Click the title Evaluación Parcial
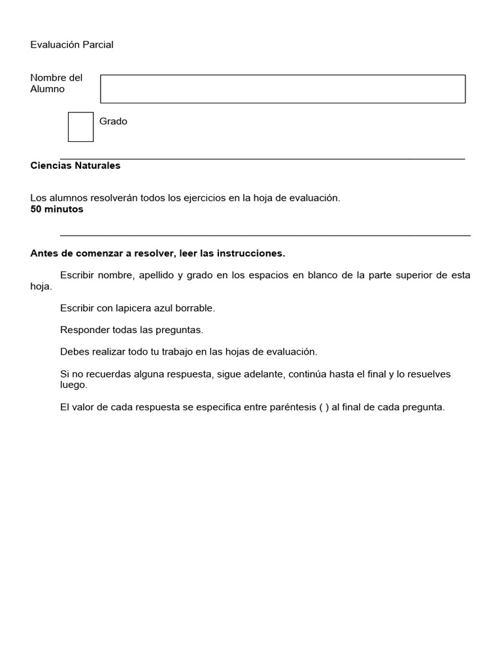click(72, 44)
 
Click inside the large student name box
click(282, 89)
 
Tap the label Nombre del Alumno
click(56, 84)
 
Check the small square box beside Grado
click(80, 127)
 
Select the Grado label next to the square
click(113, 121)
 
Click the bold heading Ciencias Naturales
click(75, 166)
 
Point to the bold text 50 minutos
click(57, 209)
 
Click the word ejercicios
click(202, 198)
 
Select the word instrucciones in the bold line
click(252, 253)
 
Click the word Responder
click(84, 330)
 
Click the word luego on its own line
click(73, 385)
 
